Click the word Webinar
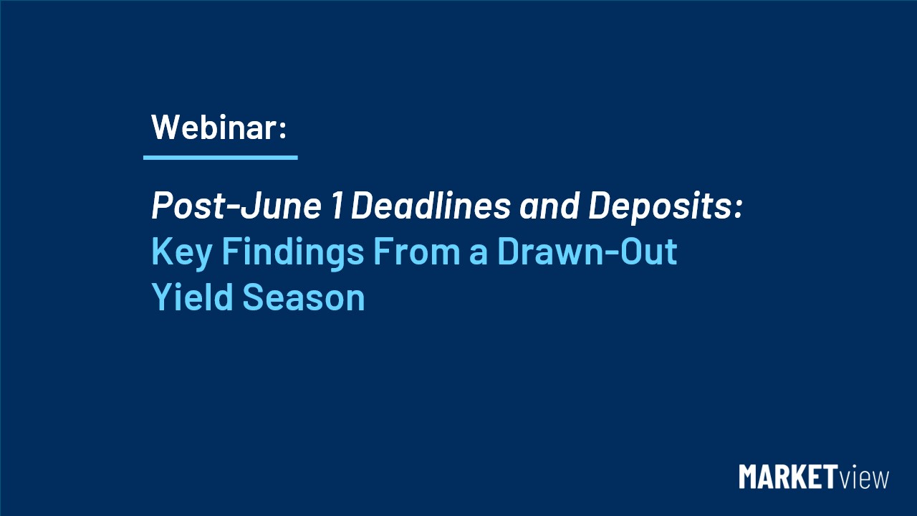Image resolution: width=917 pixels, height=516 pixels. tap(213, 128)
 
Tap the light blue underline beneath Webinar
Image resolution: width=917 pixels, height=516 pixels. tap(220, 157)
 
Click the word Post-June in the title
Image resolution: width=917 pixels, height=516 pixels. tap(236, 205)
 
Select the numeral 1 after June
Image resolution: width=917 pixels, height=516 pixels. tap(337, 205)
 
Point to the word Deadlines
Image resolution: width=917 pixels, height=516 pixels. tap(431, 205)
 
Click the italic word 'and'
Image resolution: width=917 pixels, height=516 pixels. tap(549, 205)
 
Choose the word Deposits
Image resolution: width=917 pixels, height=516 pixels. tap(660, 207)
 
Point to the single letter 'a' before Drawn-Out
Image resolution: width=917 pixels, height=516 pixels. tap(478, 254)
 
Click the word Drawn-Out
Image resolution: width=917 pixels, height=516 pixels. tap(587, 251)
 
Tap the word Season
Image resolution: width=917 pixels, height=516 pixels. tap(303, 297)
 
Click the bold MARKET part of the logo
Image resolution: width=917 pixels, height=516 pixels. tap(787, 477)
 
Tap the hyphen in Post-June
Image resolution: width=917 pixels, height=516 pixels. tap(231, 208)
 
